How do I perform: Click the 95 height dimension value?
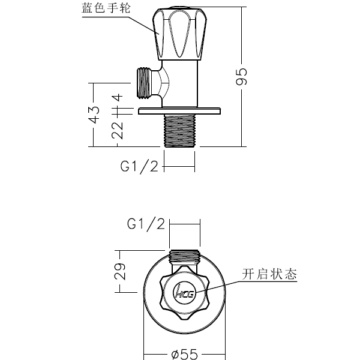[241, 77]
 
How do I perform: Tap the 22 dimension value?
[118, 130]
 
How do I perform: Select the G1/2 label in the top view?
[145, 224]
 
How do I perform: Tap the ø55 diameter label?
[184, 354]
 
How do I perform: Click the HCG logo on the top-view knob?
[184, 293]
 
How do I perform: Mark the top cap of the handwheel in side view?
[179, 9]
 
